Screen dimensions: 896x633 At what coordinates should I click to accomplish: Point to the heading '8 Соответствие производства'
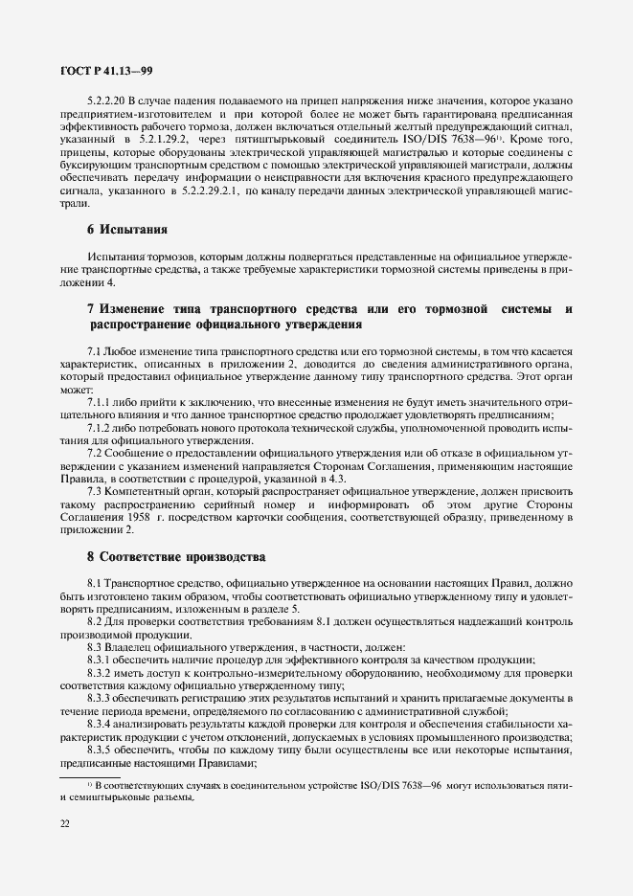click(x=175, y=556)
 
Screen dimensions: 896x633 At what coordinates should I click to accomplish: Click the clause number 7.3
click(x=95, y=489)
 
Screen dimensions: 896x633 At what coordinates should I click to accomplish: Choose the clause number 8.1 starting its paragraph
click(x=95, y=583)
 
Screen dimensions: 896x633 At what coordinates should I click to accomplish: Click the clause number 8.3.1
click(x=100, y=660)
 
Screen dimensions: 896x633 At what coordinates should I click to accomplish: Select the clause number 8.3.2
click(x=100, y=672)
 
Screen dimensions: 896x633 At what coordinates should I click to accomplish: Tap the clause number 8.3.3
click(x=100, y=698)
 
